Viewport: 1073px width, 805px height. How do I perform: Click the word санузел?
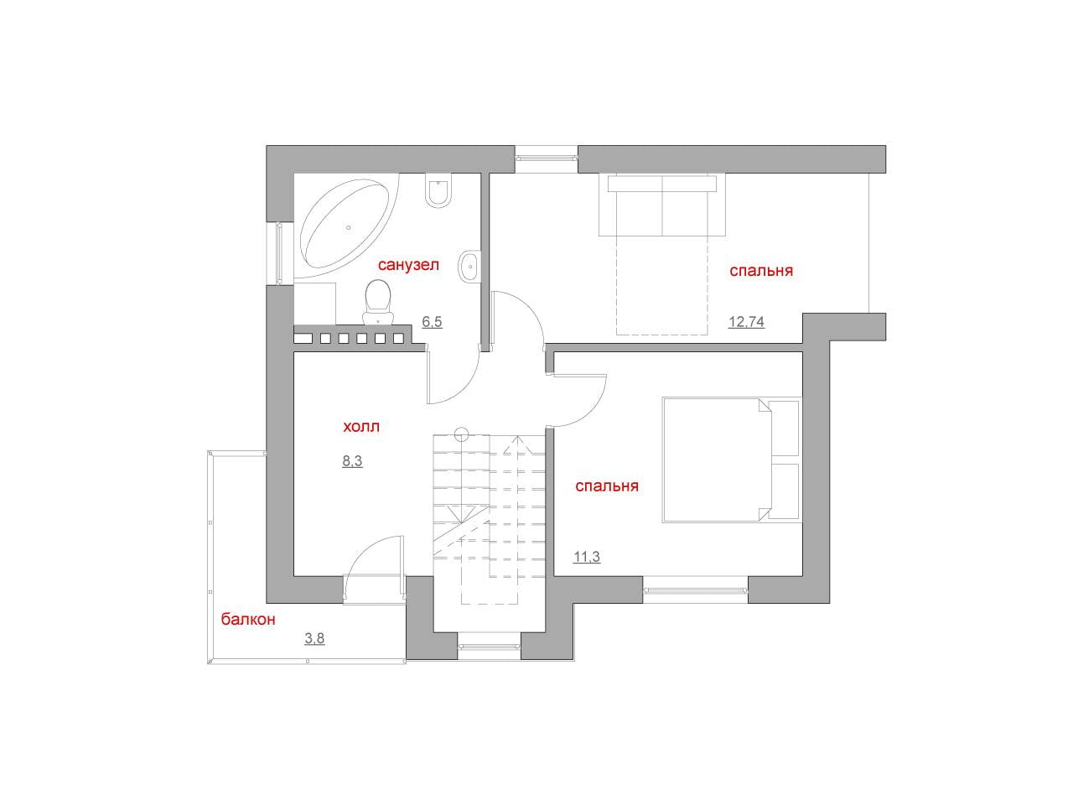(x=408, y=265)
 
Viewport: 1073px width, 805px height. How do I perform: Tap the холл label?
(x=360, y=426)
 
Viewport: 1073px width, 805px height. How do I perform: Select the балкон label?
(x=248, y=620)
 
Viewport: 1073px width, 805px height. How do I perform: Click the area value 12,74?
(x=746, y=322)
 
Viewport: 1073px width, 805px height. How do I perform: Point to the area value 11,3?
(x=587, y=557)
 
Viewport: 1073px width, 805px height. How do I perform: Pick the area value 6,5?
(x=432, y=322)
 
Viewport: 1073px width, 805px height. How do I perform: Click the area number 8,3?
(x=352, y=461)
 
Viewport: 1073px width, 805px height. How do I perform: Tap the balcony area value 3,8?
(x=314, y=638)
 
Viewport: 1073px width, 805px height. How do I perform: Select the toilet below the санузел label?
(x=378, y=301)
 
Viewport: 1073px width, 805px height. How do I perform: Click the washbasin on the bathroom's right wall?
(x=469, y=267)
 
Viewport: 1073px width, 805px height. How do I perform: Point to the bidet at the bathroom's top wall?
(x=438, y=190)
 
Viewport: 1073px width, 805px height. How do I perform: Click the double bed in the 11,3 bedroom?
(x=731, y=460)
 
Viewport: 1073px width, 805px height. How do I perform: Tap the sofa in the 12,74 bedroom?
(x=662, y=205)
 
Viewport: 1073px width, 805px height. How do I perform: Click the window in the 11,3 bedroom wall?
(x=695, y=591)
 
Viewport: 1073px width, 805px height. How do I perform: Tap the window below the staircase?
(x=489, y=647)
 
